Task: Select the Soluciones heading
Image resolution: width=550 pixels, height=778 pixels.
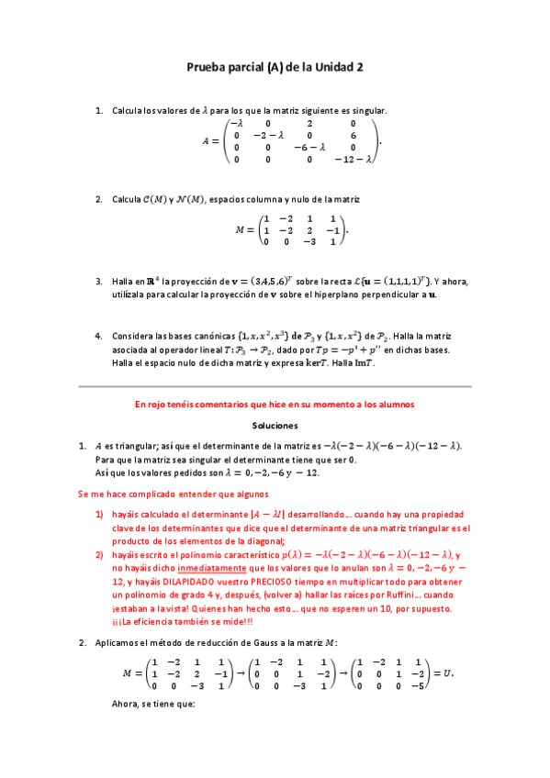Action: (275, 426)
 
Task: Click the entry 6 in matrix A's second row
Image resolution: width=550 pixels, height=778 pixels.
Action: (352, 135)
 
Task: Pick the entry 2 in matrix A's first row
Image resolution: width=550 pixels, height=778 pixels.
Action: (309, 123)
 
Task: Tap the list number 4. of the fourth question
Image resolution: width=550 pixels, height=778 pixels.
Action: (99, 337)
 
